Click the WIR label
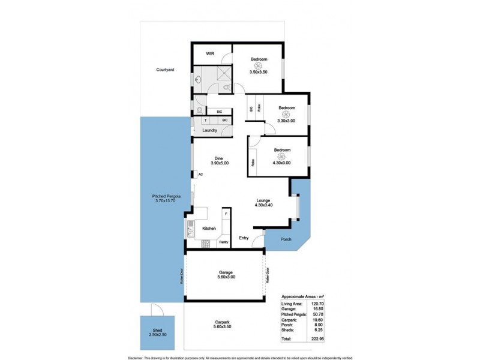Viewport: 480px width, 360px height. tap(210, 54)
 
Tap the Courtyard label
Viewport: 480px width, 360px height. tap(165, 70)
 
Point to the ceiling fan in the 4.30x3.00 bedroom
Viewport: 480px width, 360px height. tap(282, 156)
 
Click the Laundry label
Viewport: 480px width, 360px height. tap(209, 130)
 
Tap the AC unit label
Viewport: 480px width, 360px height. tap(200, 175)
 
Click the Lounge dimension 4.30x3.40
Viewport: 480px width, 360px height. tap(263, 206)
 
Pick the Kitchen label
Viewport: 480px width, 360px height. tap(209, 229)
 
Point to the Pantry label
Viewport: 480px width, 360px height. tap(223, 242)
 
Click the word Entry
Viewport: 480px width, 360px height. tap(244, 238)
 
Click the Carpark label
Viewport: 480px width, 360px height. tap(223, 320)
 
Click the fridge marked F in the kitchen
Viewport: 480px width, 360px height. tap(226, 214)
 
